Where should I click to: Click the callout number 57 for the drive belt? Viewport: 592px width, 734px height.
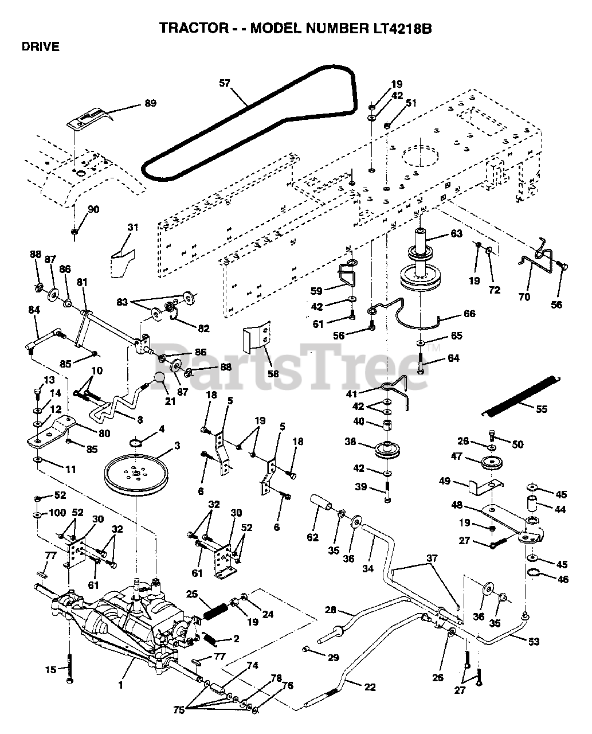coord(224,83)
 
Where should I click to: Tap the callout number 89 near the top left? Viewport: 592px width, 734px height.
coord(150,104)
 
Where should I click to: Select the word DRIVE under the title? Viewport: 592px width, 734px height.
coord(41,47)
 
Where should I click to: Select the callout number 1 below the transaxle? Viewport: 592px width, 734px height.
coord(120,684)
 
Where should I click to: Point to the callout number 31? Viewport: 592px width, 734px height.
coord(133,228)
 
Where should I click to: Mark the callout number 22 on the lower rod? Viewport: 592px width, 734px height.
coord(369,686)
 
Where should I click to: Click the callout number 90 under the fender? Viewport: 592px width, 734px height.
coord(93,209)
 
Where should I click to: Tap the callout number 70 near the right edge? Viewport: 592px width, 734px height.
coord(524,296)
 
